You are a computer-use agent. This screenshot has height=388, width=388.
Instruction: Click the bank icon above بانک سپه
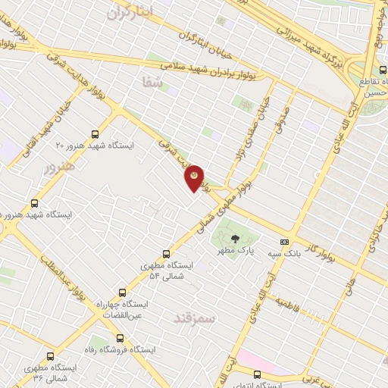tap(284, 242)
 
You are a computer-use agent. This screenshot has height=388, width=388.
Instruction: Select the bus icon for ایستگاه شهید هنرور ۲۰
tap(94, 133)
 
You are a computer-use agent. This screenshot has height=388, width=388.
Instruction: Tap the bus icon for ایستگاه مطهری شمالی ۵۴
tap(166, 255)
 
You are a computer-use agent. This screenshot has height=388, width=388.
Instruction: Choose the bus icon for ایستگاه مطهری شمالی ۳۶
tap(51, 356)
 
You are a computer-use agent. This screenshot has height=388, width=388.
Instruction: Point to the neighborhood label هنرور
tap(58, 166)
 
